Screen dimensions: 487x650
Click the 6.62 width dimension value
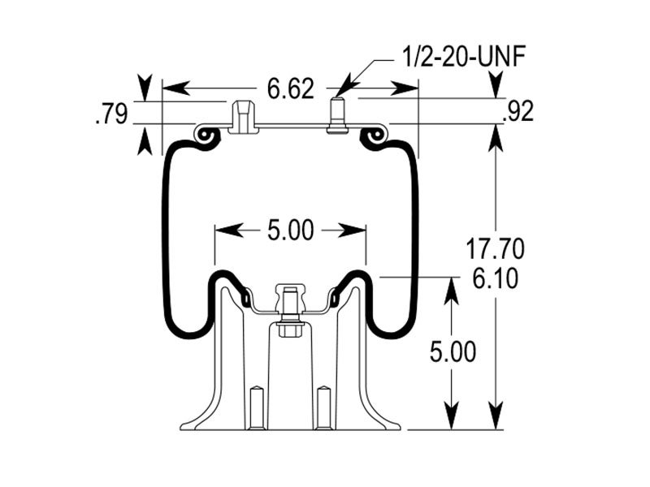[x=290, y=88]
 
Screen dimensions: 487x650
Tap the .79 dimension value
[x=111, y=114]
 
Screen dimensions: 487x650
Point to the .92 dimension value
[x=518, y=112]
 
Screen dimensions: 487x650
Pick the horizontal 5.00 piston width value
[x=290, y=231]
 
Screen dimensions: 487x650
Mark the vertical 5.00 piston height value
[x=449, y=351]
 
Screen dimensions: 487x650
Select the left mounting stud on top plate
[x=242, y=115]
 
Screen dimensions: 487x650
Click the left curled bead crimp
[x=208, y=136]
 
